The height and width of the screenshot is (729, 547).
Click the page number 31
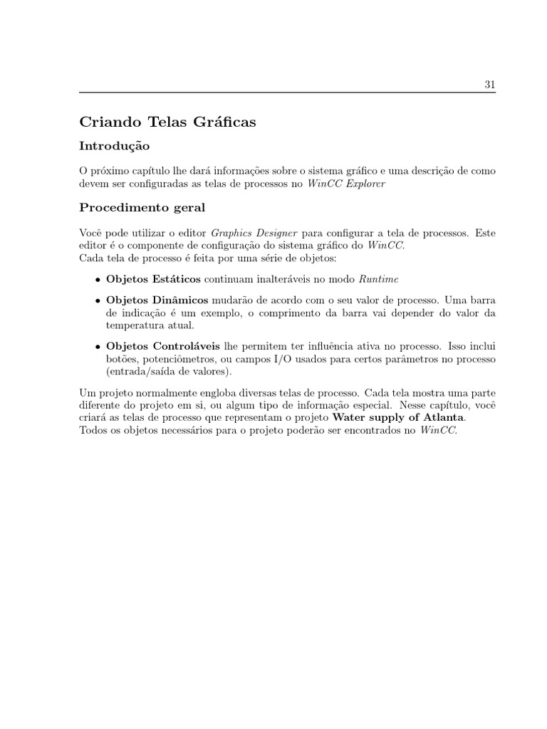(489, 84)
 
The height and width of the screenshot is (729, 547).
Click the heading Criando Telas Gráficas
(167, 122)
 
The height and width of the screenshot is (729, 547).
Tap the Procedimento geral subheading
(142, 208)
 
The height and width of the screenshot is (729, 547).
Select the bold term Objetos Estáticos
(153, 278)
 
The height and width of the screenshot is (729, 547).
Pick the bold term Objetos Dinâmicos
(157, 300)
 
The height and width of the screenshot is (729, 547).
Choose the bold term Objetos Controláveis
(164, 346)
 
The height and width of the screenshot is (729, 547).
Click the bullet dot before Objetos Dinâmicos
(98, 301)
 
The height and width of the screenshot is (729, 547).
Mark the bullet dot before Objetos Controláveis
(98, 347)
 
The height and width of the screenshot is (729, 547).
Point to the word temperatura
(135, 325)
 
